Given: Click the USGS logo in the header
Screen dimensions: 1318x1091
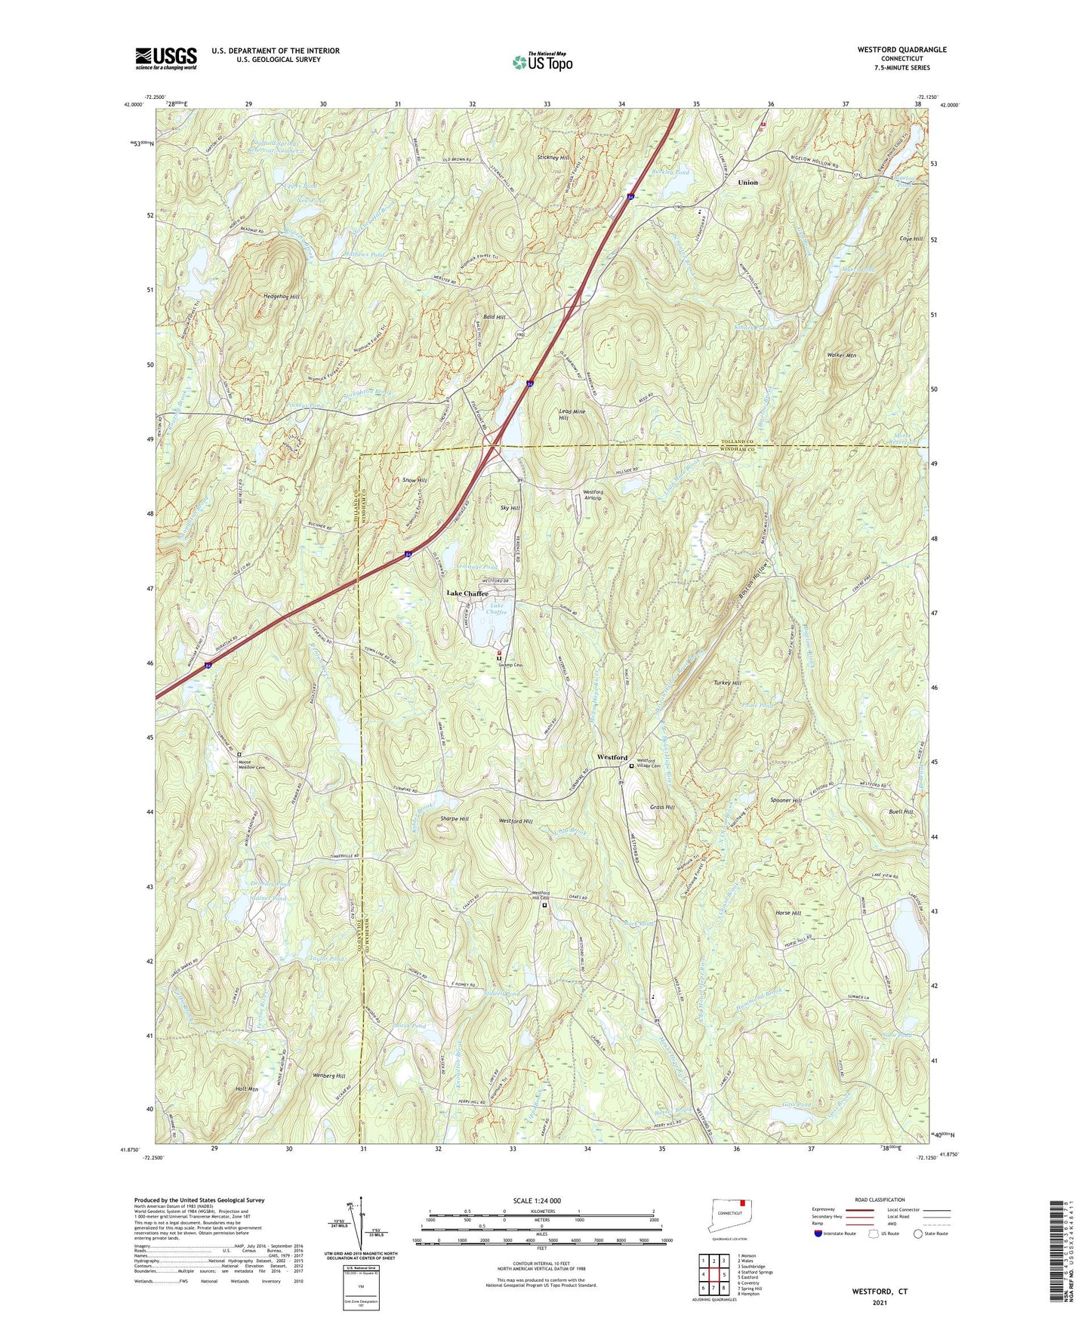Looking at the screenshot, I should [166, 58].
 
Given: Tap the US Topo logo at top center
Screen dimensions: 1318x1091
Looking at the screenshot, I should [542, 62].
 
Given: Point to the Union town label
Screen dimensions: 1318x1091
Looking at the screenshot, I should [747, 183].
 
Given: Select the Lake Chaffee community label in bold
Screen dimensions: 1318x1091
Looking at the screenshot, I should [467, 593].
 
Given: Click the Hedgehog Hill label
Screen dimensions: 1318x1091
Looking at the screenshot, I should [282, 297].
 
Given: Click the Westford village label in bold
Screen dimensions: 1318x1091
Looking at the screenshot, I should [612, 757].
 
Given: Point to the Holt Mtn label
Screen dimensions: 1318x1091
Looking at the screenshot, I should [247, 1089].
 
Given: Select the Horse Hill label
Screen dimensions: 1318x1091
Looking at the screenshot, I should [787, 913].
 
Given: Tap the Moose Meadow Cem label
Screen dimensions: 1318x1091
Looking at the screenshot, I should [251, 765].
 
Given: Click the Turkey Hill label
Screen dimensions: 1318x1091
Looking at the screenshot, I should [727, 682].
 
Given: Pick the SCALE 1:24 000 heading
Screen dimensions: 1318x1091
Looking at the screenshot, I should [537, 1200].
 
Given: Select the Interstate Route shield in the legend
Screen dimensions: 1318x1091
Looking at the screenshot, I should [818, 1234].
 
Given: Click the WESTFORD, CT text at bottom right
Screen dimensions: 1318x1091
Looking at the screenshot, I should [880, 1292].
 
